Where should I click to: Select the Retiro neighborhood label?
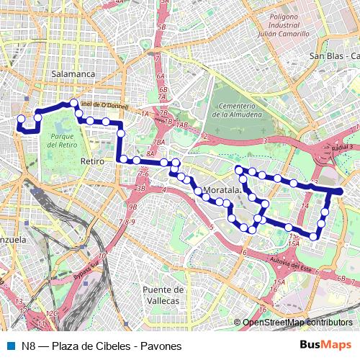[x=93, y=161]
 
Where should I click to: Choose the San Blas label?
[x=328, y=55]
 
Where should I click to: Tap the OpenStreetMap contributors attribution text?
[x=298, y=323]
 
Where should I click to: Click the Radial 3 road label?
[x=345, y=147]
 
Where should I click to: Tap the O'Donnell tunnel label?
[x=105, y=105]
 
